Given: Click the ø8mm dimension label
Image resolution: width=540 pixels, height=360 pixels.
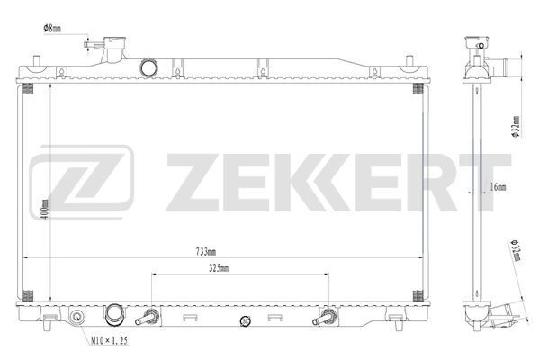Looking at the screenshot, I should [x=52, y=28].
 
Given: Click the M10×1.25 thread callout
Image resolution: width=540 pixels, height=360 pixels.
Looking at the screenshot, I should [x=108, y=341].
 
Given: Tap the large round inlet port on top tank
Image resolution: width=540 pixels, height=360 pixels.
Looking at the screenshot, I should [x=149, y=68].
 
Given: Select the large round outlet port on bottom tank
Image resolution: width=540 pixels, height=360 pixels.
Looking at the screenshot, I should [x=114, y=316].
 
